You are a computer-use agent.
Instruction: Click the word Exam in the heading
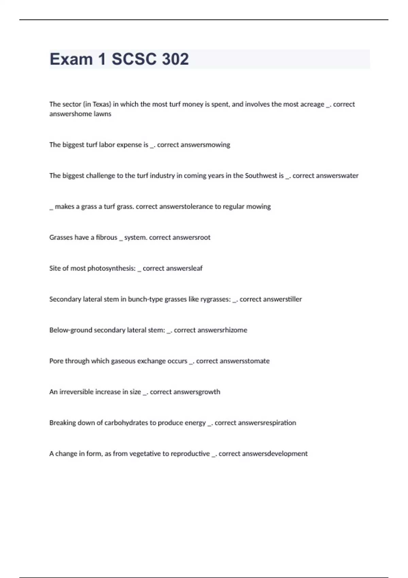71,59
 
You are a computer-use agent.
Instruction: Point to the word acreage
312,104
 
